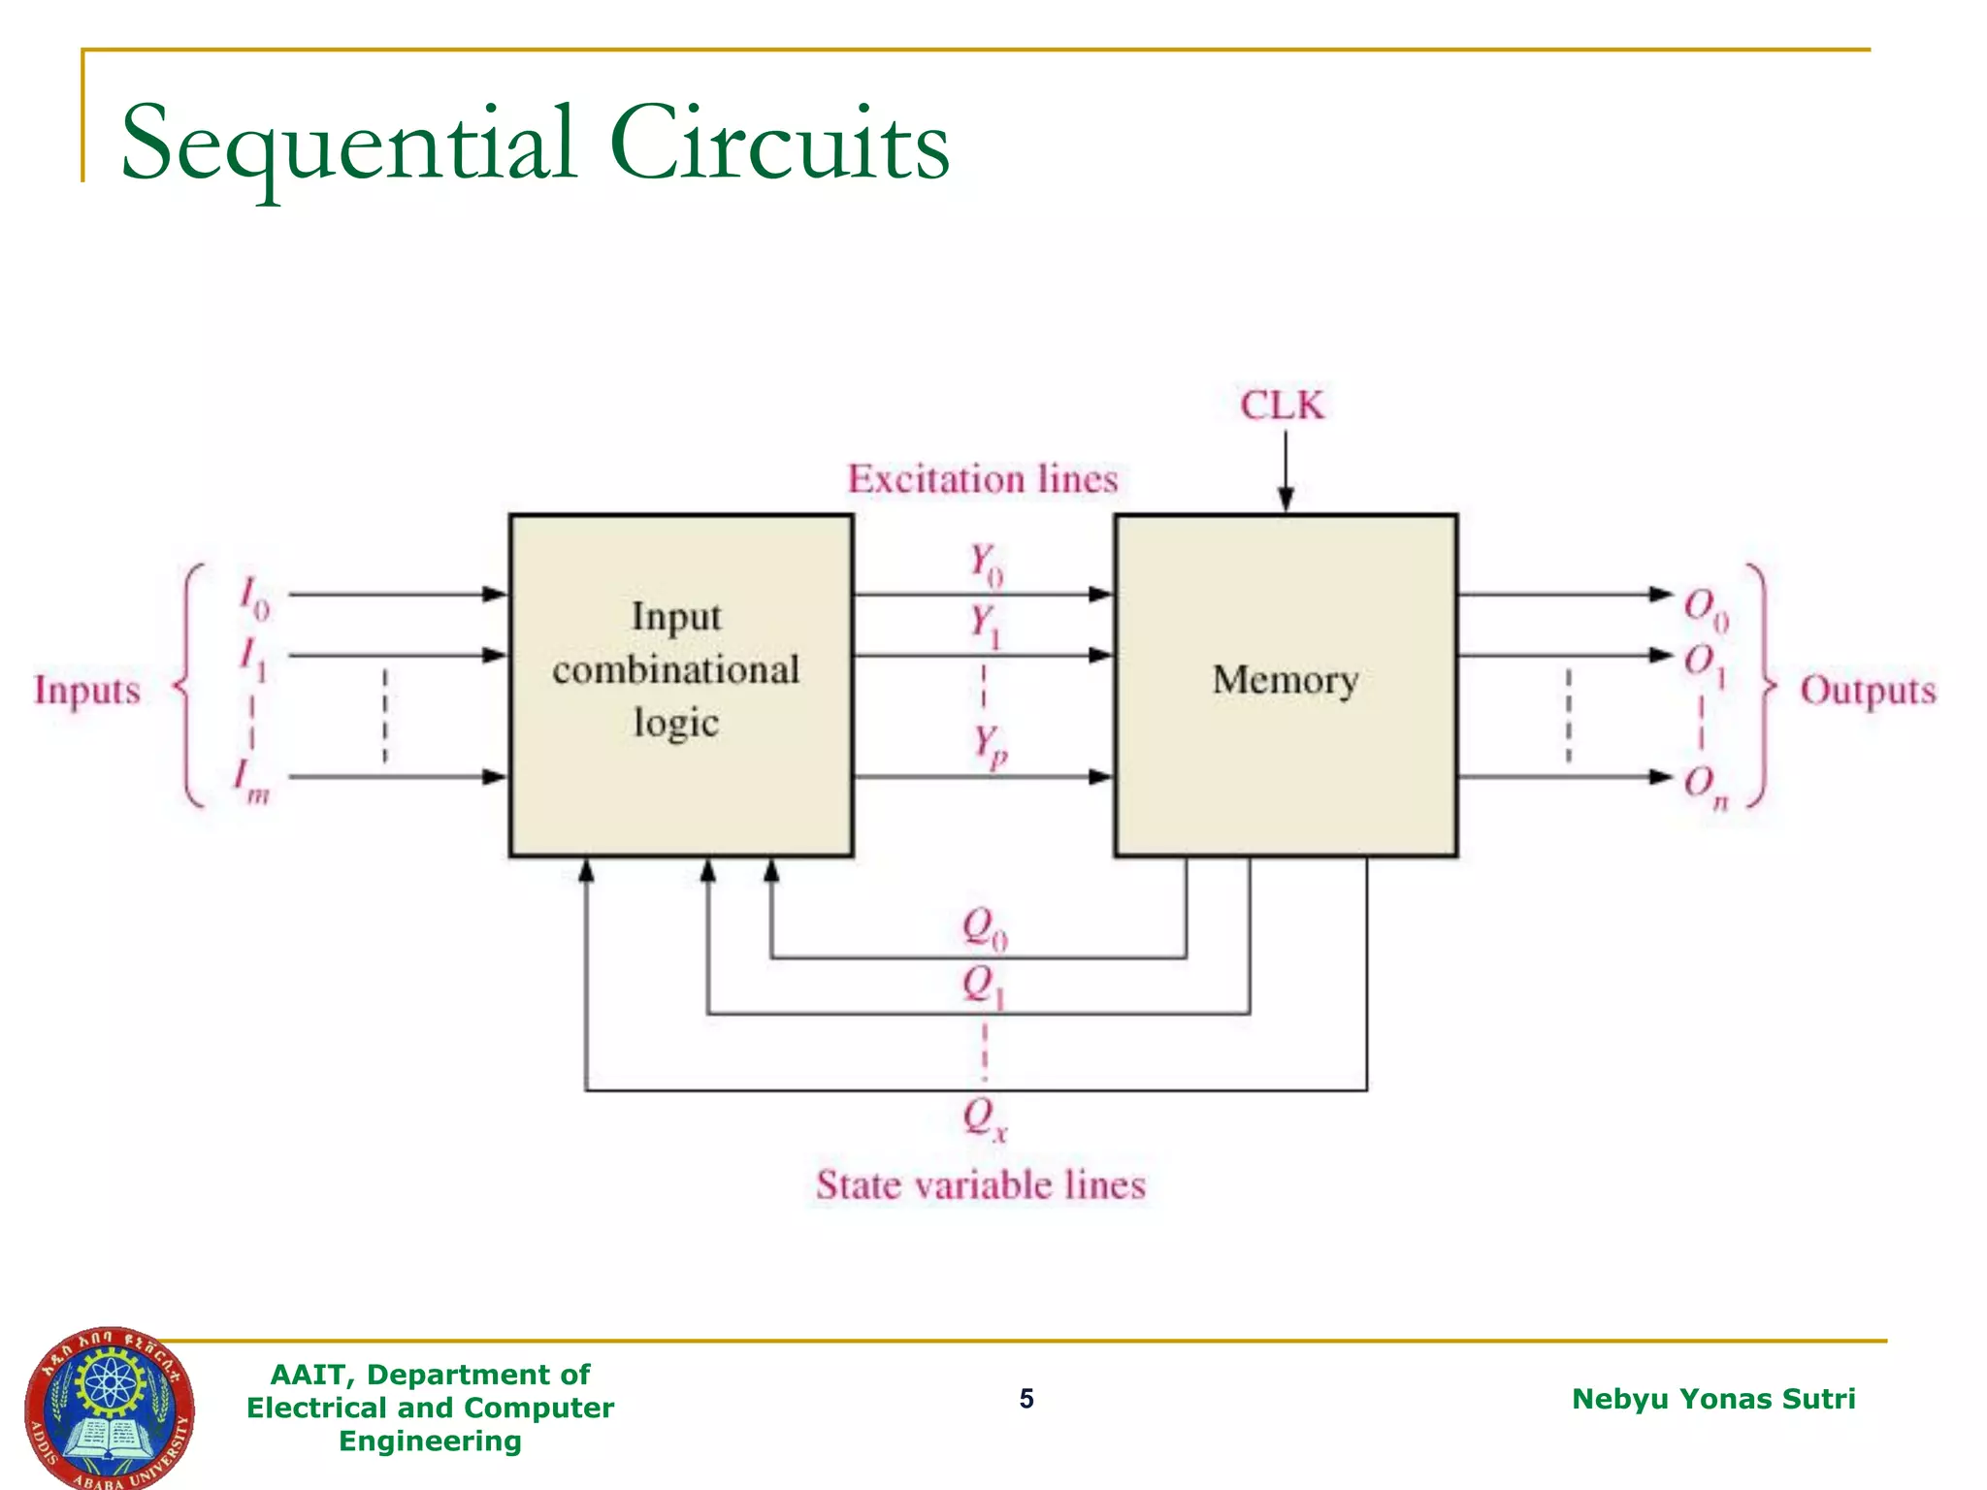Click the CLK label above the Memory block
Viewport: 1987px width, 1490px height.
(x=1282, y=405)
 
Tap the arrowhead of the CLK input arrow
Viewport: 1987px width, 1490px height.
(x=1286, y=500)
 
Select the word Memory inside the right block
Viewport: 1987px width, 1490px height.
(x=1285, y=680)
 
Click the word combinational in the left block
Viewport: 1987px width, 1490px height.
(x=675, y=669)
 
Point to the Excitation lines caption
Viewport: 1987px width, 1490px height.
(x=982, y=479)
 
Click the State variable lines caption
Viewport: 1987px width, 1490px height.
(x=980, y=1185)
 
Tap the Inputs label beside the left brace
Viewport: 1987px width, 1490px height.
(x=87, y=691)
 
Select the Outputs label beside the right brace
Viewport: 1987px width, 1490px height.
(x=1867, y=691)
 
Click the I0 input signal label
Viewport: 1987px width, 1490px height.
(x=254, y=598)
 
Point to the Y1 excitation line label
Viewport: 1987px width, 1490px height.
(x=985, y=625)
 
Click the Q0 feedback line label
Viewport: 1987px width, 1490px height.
(x=984, y=927)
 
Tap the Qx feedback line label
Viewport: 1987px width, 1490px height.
(x=984, y=1117)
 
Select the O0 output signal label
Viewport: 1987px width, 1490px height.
(x=1705, y=608)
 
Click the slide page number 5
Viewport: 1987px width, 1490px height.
(x=1026, y=1398)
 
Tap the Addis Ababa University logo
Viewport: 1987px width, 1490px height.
(x=109, y=1409)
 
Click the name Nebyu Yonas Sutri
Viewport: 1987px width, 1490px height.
(x=1712, y=1398)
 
